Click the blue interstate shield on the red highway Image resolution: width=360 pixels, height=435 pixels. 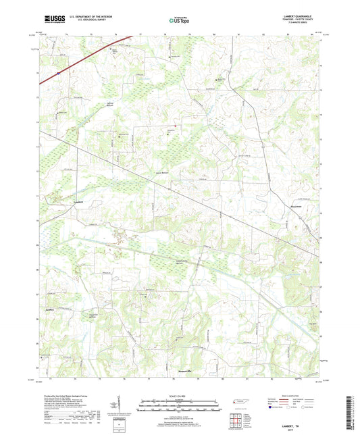tap(59, 72)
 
